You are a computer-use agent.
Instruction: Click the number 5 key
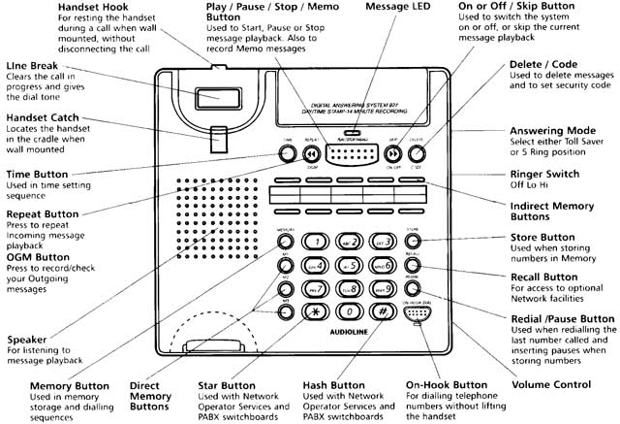click(351, 265)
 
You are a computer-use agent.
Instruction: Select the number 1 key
click(316, 241)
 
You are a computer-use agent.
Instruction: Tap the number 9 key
click(384, 288)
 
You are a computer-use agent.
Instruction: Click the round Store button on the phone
click(412, 241)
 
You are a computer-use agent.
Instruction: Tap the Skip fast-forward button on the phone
click(393, 153)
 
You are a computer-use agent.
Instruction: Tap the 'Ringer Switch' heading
click(548, 174)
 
